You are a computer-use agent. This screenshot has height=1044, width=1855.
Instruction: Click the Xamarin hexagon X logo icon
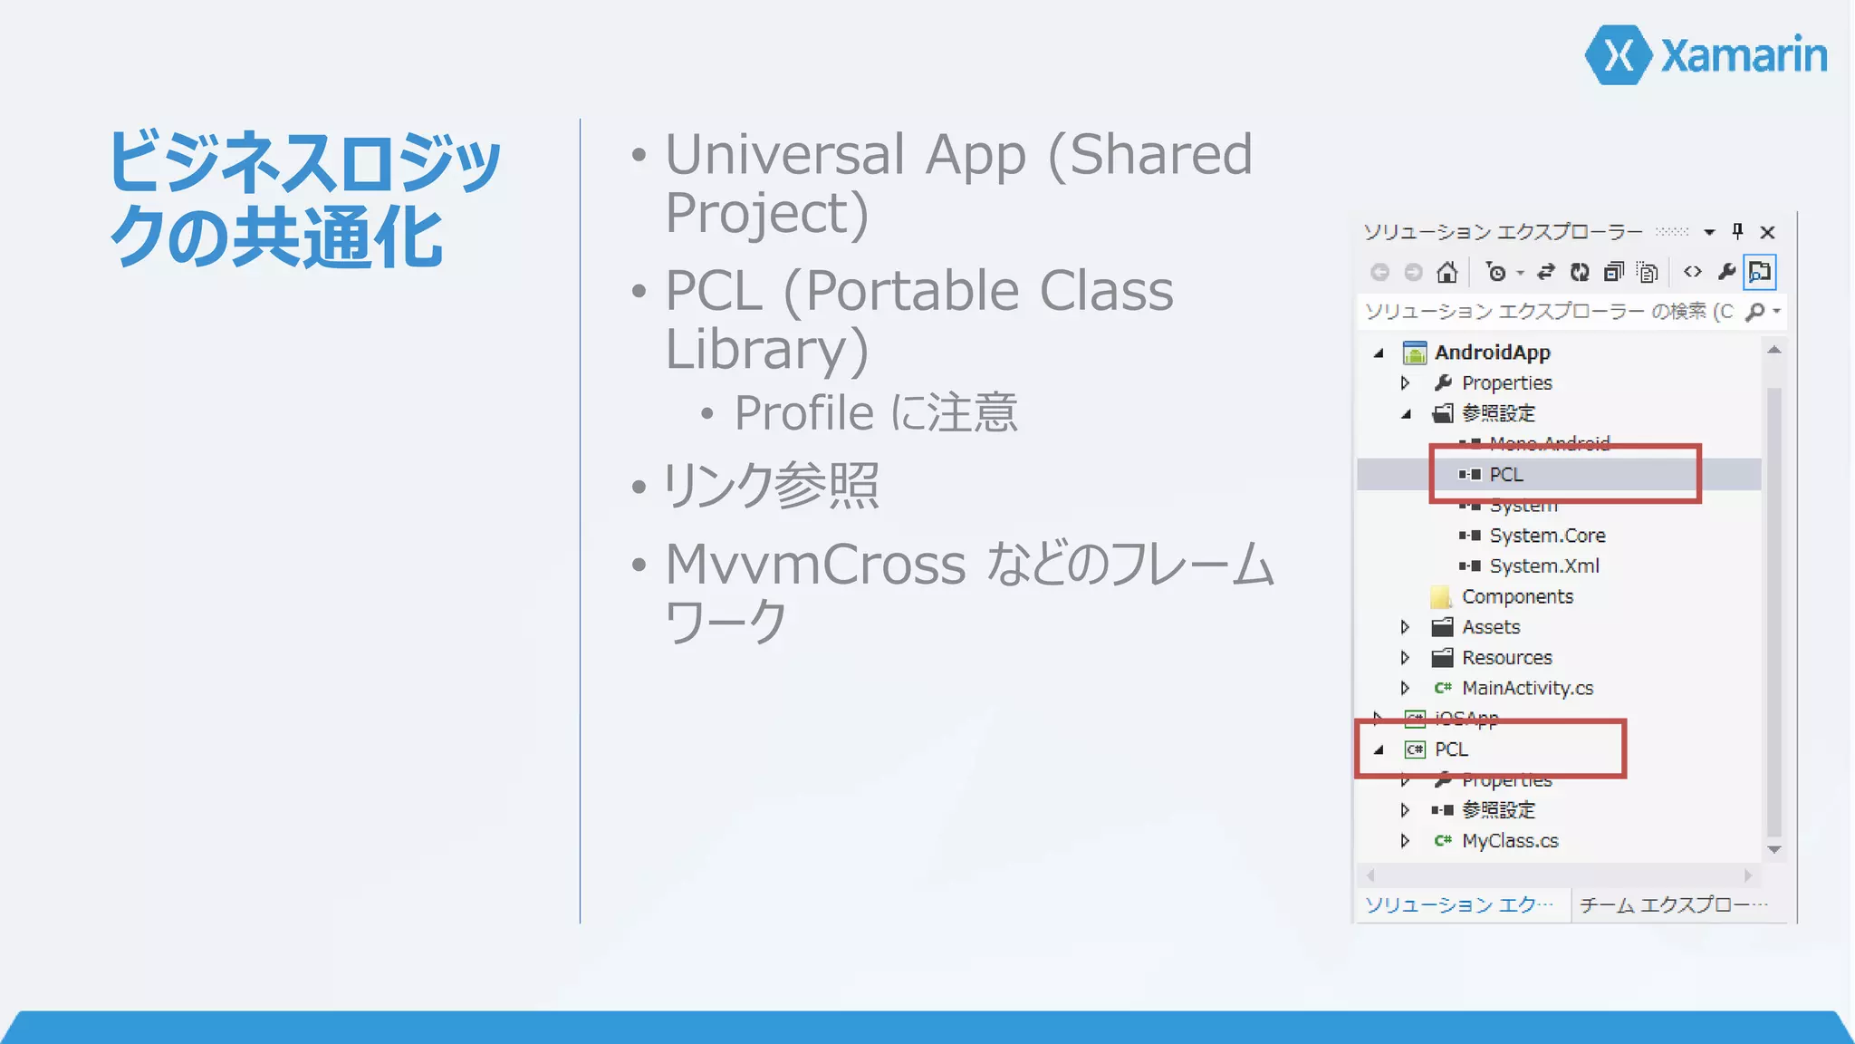(x=1620, y=55)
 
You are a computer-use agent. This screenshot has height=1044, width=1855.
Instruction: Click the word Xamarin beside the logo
(x=1744, y=55)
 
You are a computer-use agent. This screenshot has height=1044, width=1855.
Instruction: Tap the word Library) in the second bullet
(x=766, y=349)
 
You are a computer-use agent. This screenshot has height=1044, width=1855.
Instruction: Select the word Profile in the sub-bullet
(x=803, y=413)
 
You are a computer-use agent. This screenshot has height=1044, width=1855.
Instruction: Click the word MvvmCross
(x=815, y=565)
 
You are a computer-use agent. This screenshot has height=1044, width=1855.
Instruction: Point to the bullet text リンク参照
(x=770, y=486)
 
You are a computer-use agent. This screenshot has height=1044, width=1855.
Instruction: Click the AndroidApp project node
(x=1492, y=353)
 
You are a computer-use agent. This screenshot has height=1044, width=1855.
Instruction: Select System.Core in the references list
(x=1547, y=536)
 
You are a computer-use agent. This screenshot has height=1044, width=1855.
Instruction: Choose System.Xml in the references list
(x=1543, y=566)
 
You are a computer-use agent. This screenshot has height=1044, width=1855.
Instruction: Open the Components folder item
(x=1517, y=597)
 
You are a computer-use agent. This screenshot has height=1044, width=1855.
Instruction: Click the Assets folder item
(x=1490, y=627)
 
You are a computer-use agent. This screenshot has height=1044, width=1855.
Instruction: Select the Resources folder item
(x=1506, y=658)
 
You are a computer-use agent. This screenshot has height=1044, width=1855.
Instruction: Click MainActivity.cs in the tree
(x=1527, y=689)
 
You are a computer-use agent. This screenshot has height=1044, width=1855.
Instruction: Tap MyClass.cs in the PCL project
(x=1510, y=841)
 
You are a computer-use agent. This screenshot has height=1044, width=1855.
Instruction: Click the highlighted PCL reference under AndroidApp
(x=1506, y=475)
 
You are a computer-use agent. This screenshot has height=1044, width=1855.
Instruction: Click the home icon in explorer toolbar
(x=1447, y=272)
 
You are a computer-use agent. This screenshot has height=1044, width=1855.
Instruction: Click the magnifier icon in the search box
(x=1754, y=312)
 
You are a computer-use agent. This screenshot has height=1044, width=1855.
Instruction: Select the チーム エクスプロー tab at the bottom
(x=1672, y=904)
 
